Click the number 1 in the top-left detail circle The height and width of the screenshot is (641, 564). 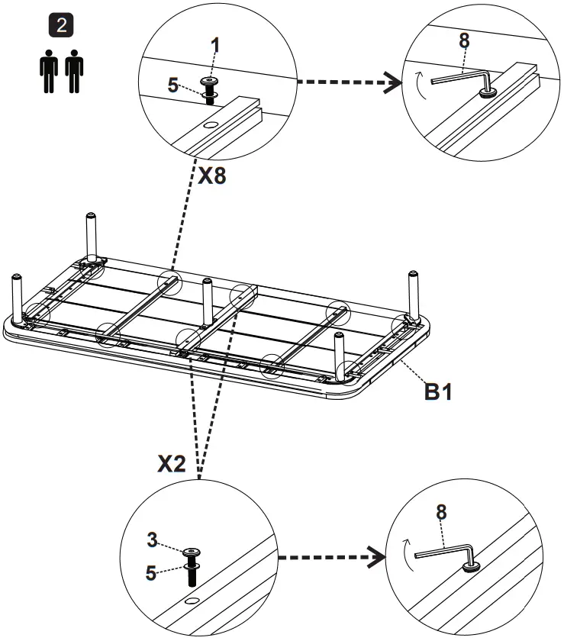[x=216, y=46]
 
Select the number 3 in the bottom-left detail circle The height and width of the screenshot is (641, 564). [x=152, y=540]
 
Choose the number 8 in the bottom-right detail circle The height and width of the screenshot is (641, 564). [x=440, y=512]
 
